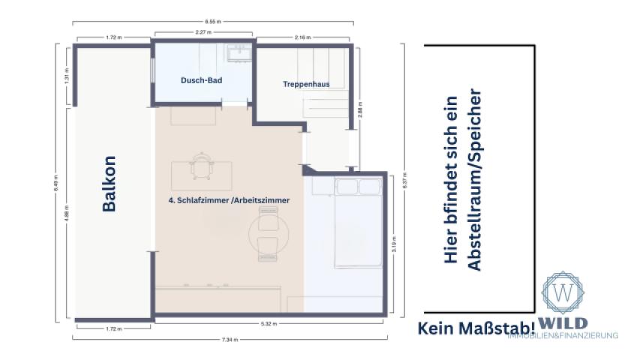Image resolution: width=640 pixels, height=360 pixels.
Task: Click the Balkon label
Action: [x=110, y=184]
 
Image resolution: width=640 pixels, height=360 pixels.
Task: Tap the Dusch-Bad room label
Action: [x=202, y=79]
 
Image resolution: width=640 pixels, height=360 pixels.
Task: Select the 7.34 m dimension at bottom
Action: [x=235, y=340]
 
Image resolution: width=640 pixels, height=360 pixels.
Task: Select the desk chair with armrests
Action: [x=201, y=167]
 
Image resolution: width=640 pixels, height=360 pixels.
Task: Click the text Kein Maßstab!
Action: [x=476, y=327]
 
